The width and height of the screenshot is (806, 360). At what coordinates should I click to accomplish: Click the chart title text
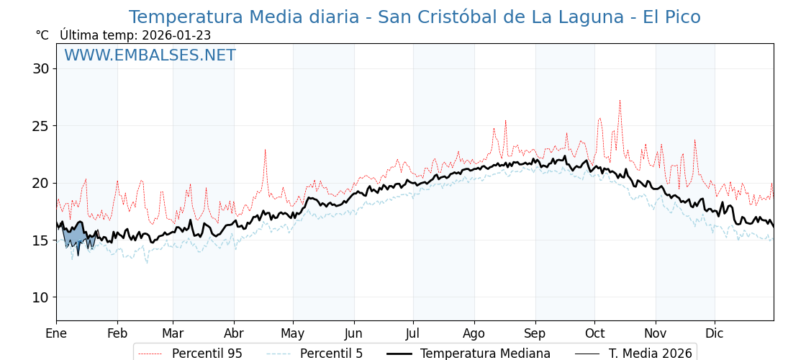pos(415,17)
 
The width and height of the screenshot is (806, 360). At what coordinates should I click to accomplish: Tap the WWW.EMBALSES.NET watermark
pos(150,55)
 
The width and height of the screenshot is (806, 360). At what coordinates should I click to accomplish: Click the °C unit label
pos(42,35)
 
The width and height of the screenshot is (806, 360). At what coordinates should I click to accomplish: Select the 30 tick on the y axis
pos(40,69)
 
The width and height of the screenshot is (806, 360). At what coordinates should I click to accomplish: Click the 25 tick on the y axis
pos(40,126)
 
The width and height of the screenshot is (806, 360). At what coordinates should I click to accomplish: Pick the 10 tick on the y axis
pos(40,297)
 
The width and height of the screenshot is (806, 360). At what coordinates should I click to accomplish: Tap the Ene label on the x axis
pos(56,333)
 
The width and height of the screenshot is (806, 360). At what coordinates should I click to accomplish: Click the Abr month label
pos(234,333)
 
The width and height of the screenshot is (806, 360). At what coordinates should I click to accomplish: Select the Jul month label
pos(413,333)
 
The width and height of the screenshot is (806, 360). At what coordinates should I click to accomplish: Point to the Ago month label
pos(474,333)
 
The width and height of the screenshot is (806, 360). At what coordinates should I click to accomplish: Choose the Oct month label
pos(594,333)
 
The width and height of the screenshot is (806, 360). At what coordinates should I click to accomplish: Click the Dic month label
pos(715,333)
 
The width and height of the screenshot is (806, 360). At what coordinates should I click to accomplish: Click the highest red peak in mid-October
pos(620,102)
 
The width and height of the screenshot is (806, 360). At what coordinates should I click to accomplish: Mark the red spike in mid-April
pos(265,150)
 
